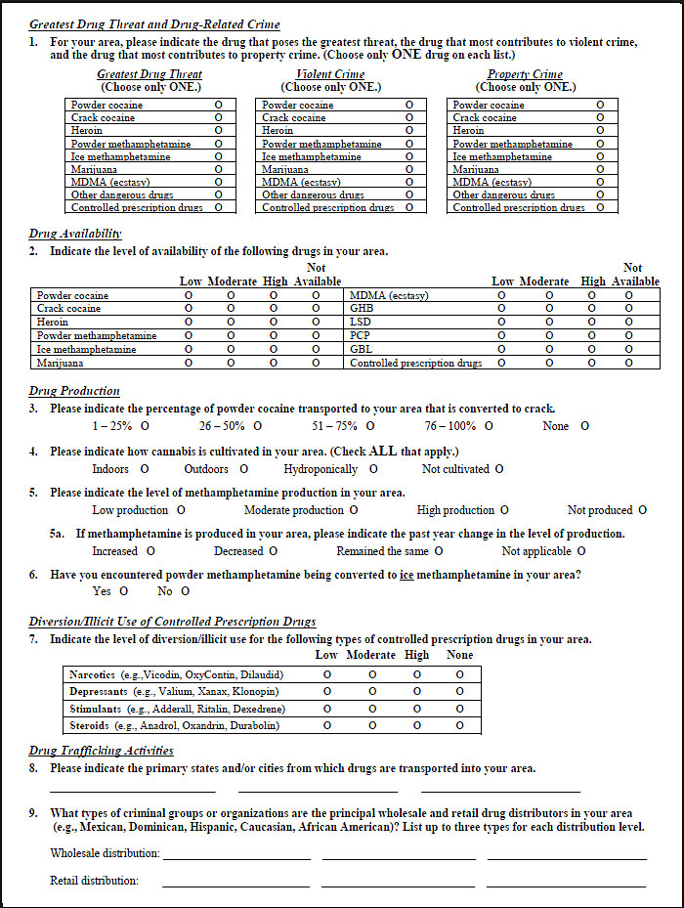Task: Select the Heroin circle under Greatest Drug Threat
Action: [219, 130]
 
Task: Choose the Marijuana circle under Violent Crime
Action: [409, 169]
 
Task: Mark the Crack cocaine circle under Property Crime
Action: [600, 117]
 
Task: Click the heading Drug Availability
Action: [75, 234]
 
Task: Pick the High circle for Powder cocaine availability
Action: [274, 295]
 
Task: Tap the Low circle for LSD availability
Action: [502, 322]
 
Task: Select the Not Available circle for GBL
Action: [628, 349]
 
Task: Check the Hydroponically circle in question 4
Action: [373, 469]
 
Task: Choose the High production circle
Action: [504, 510]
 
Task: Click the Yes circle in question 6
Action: [124, 591]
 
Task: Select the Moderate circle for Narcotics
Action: [371, 674]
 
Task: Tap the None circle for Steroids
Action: [459, 725]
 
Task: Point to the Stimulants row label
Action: [96, 709]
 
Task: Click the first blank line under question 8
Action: [132, 791]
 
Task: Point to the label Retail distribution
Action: [94, 881]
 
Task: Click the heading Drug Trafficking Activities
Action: [102, 751]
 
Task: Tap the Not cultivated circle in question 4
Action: [499, 469]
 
